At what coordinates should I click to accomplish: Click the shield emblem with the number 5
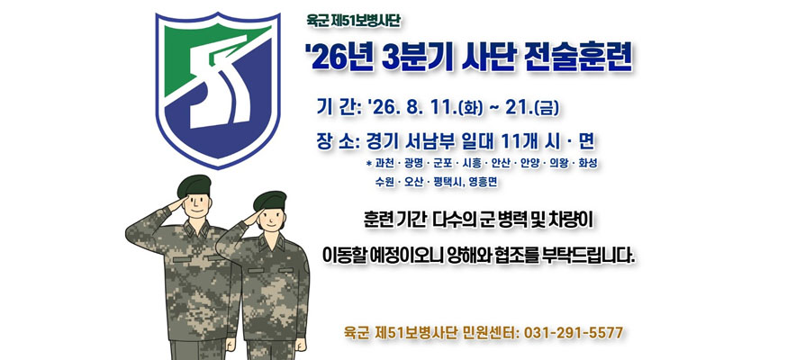point(217,90)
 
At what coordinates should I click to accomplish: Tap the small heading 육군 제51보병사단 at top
point(354,22)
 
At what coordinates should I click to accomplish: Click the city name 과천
point(384,164)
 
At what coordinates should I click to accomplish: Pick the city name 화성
point(587,164)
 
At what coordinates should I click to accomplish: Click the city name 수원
point(384,183)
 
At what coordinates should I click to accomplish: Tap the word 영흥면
point(483,183)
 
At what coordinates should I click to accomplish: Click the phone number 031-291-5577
point(574,332)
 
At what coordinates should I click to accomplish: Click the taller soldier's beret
point(194,185)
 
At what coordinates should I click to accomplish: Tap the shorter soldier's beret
point(269,201)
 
